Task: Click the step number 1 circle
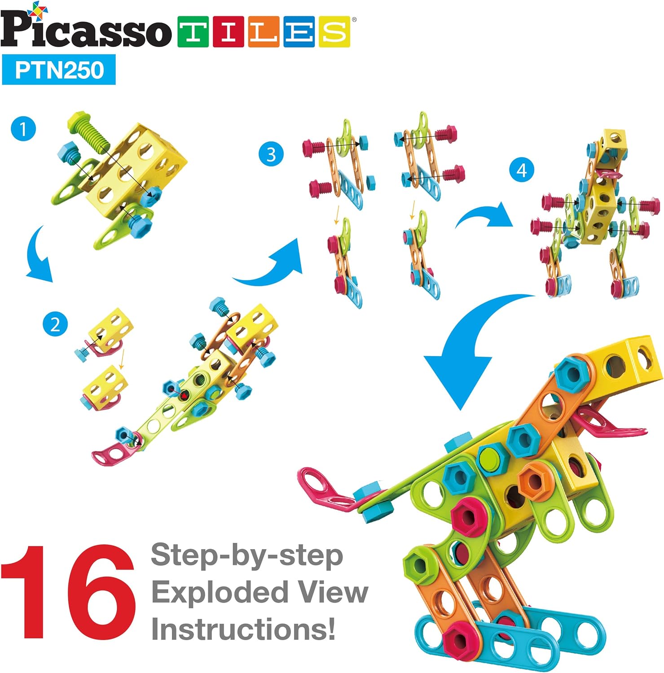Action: pos(23,129)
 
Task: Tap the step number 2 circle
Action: pos(55,324)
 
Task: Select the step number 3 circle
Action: pos(271,154)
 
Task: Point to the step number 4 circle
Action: pos(521,170)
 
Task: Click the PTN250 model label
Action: pos(59,70)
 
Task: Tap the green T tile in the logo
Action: pos(193,32)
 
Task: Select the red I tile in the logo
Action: pos(228,32)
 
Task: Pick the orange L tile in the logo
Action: pos(264,32)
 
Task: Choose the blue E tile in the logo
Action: pos(299,32)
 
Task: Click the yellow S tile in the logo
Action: pos(334,32)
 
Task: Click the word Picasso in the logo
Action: pos(85,28)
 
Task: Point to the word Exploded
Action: pos(219,593)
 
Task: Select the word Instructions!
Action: pos(243,629)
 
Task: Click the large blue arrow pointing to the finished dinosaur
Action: pos(467,354)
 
